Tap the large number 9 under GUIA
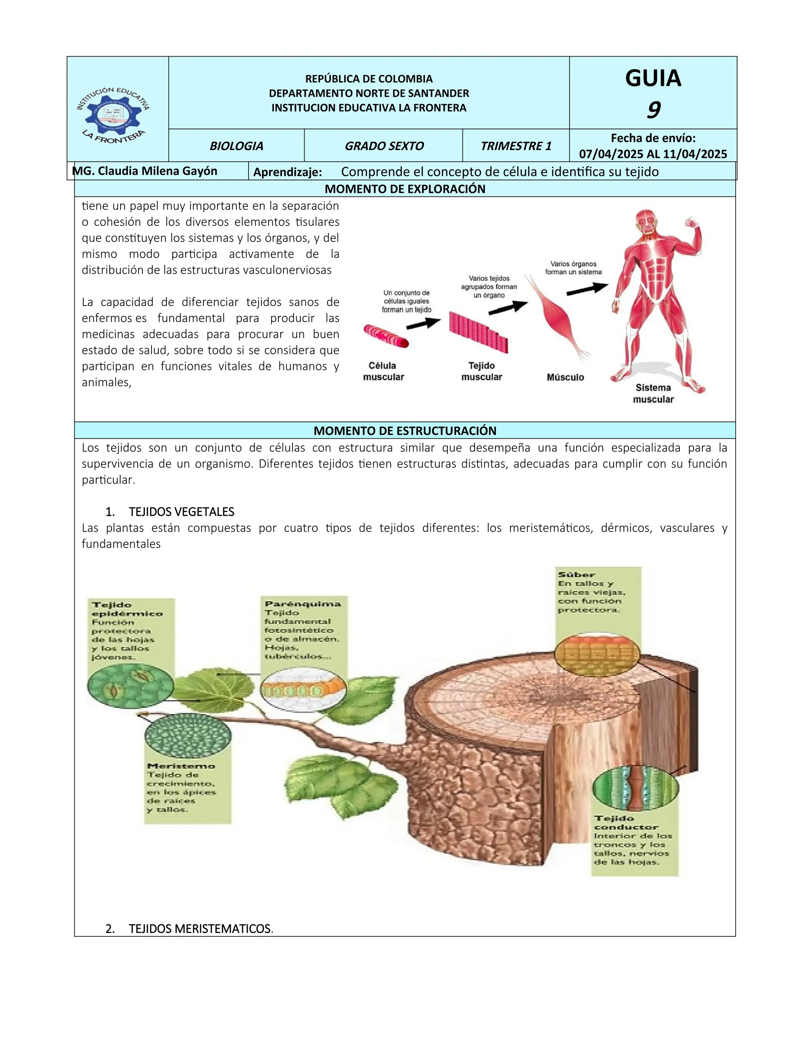click(x=653, y=110)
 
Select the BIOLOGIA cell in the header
click(x=236, y=146)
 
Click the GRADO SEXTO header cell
click(x=384, y=146)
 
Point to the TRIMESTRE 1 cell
click(x=516, y=146)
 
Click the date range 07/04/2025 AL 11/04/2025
click(x=653, y=154)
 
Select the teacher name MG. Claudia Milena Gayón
click(x=145, y=171)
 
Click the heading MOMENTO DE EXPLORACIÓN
click(x=405, y=189)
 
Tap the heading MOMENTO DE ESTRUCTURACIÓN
click(x=405, y=431)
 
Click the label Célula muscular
click(x=384, y=371)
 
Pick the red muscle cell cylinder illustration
click(x=386, y=335)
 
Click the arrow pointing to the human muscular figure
click(x=587, y=289)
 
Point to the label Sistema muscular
click(x=653, y=393)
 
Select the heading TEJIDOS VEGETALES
click(x=181, y=512)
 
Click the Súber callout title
click(x=576, y=575)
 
